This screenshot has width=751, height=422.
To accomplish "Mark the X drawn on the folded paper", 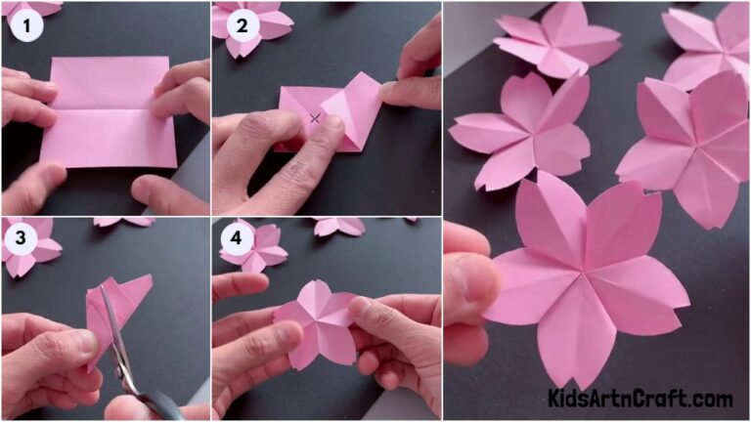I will tap(315, 118).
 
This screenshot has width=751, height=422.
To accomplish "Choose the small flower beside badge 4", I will tap(256, 246).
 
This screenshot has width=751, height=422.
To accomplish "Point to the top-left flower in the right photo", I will tap(557, 39).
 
